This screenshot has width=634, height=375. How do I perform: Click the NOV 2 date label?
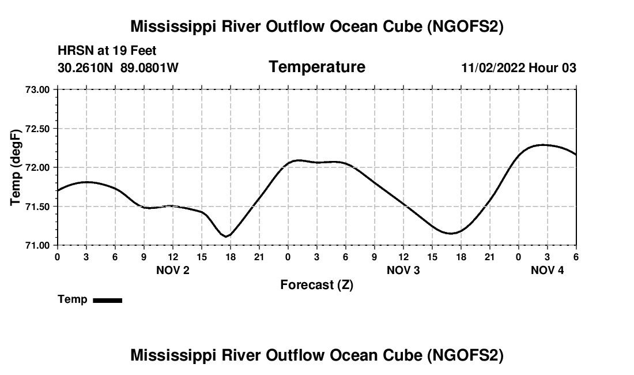[x=173, y=270]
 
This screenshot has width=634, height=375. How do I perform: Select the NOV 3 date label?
[x=403, y=270]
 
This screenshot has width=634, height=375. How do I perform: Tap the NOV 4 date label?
[x=548, y=270]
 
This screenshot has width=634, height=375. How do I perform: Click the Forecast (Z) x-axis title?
[x=317, y=285]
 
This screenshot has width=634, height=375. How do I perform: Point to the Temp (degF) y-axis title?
[x=16, y=167]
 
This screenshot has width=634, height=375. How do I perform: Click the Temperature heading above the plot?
[x=317, y=67]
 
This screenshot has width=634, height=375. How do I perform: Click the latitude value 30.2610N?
[x=86, y=67]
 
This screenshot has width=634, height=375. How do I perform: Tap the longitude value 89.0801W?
[x=149, y=67]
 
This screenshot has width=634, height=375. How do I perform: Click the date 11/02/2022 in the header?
[x=493, y=67]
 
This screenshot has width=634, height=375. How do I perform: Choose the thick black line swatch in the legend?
[x=107, y=300]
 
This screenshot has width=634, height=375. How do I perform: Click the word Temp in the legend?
[x=73, y=299]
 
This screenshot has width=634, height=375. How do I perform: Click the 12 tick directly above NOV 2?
[x=173, y=256]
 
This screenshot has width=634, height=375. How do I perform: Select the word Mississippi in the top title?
[x=175, y=27]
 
